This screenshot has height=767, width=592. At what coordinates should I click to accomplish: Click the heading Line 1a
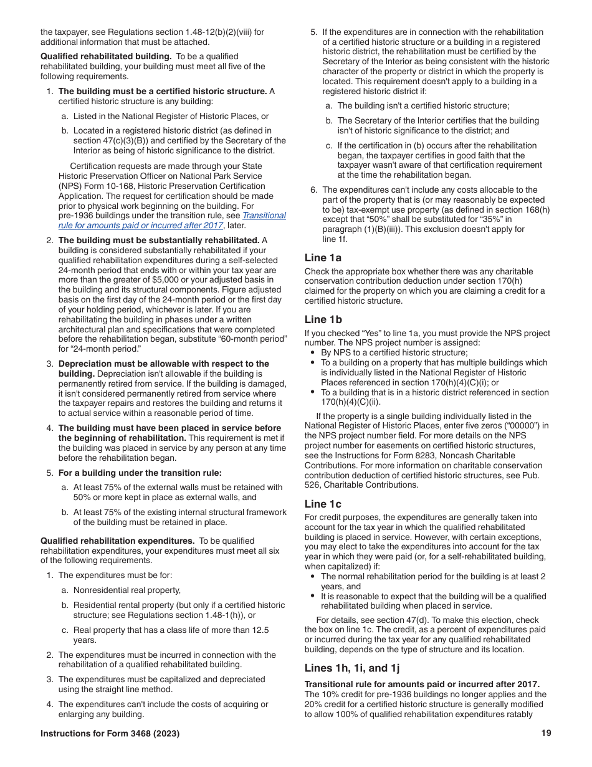coord(323,258)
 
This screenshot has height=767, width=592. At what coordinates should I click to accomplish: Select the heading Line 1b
coord(323,319)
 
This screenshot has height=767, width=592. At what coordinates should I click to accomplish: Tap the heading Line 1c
coord(323,504)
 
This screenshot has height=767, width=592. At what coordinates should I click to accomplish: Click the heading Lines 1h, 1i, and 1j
coord(352,668)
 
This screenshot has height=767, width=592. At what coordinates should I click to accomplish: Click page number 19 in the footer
coord(546,733)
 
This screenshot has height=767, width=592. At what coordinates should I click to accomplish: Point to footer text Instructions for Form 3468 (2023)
coord(110,734)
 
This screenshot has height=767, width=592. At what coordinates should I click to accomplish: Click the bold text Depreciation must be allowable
coord(163,364)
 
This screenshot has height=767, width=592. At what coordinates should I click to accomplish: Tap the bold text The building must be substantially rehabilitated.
coord(158,240)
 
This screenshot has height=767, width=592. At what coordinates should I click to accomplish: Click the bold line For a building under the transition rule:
coord(140,473)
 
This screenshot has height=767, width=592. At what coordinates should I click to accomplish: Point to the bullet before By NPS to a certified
coord(312,352)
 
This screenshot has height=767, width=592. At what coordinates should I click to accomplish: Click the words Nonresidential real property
coord(127,590)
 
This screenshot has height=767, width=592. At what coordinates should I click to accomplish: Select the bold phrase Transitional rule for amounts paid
coord(422,685)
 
